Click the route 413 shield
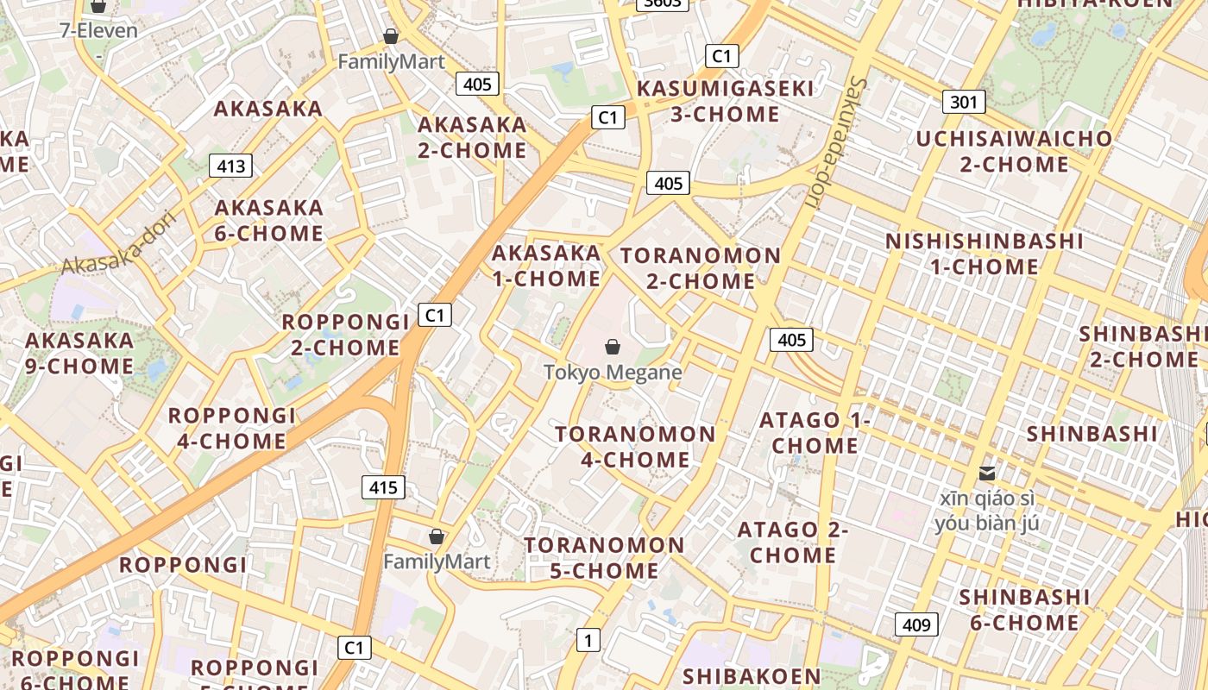click(x=231, y=166)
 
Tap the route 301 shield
click(x=963, y=103)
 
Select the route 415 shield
click(x=383, y=487)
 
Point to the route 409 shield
click(x=916, y=624)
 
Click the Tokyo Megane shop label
click(x=613, y=373)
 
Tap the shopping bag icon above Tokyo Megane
click(x=613, y=347)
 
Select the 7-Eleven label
click(x=98, y=31)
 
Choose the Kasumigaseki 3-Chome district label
click(x=725, y=101)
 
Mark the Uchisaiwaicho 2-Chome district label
click(x=1014, y=151)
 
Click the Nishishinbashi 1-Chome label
click(x=984, y=254)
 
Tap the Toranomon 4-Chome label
click(x=635, y=446)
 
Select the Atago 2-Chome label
click(x=793, y=543)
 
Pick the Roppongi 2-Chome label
click(x=345, y=335)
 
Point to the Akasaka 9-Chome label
click(x=79, y=353)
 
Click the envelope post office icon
click(x=987, y=473)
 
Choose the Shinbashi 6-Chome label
click(x=1024, y=610)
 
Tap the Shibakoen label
click(x=752, y=676)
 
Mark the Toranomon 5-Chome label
click(x=604, y=558)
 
